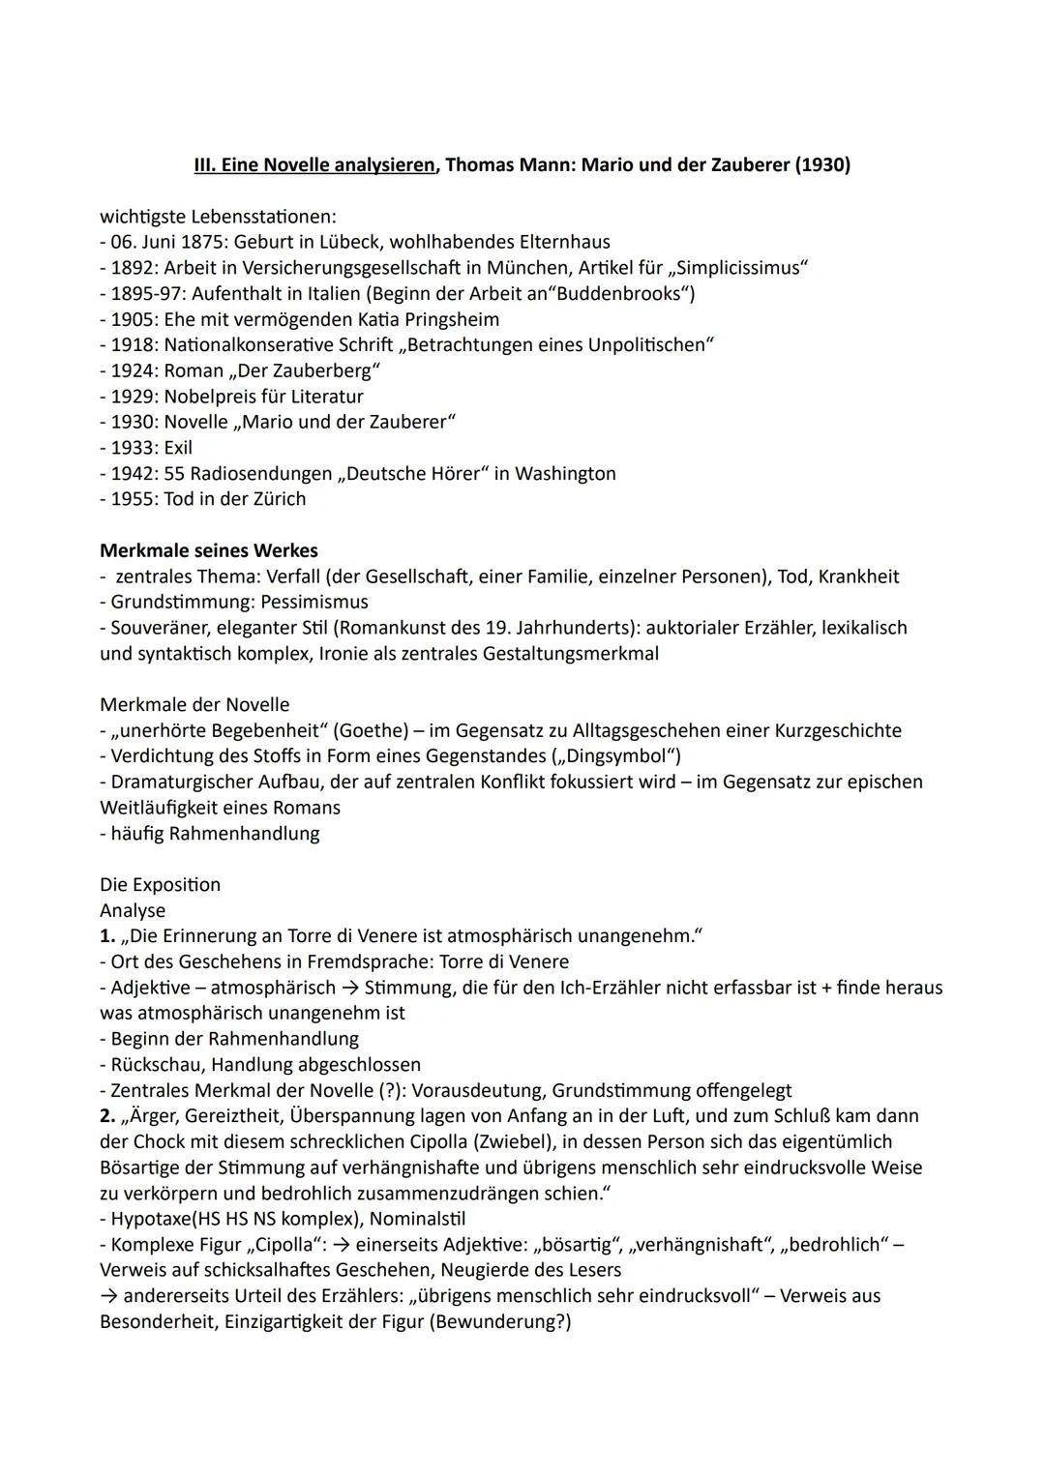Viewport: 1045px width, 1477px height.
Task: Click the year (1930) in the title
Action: [821, 165]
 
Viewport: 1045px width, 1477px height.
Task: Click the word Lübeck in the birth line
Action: [349, 242]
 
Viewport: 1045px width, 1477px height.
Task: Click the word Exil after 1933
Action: [178, 448]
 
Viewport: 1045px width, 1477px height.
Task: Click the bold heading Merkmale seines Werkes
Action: [208, 550]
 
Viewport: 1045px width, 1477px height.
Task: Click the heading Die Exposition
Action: [160, 884]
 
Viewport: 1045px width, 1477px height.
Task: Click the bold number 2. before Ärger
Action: [106, 1116]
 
